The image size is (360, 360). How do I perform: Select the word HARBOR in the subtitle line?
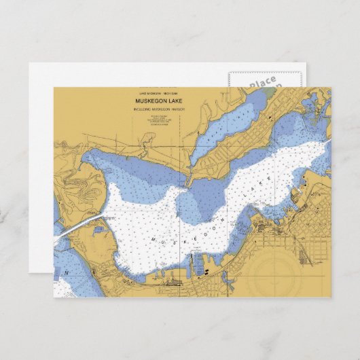(178, 109)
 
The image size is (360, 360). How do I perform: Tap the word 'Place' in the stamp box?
(262, 82)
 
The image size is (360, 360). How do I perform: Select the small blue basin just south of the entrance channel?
(100, 230)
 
